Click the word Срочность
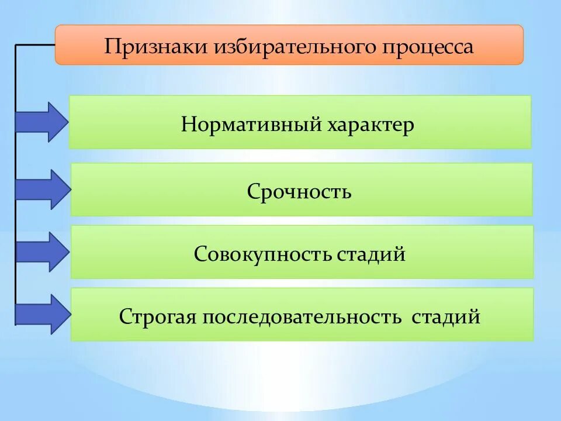299,191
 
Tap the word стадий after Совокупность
371,254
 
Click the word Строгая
158,317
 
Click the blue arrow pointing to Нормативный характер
42,122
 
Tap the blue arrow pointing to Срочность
42,189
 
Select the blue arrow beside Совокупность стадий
42,251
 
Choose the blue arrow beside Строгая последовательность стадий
42,314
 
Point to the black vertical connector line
15,175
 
